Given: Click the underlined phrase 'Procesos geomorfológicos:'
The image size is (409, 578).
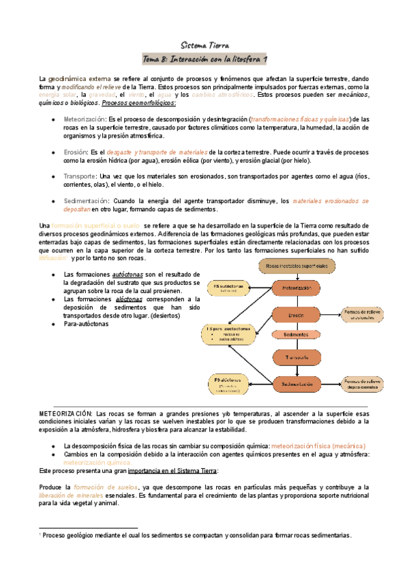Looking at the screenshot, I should click(138, 103).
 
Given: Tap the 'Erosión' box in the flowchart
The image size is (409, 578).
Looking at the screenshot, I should click(297, 314).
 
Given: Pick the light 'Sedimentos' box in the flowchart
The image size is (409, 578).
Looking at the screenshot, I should click(297, 335).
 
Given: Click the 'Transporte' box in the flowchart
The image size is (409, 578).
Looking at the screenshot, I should click(297, 357).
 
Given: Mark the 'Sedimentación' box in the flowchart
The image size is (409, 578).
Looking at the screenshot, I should click(297, 385).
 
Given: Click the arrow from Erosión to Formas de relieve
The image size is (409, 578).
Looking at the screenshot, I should click(331, 314).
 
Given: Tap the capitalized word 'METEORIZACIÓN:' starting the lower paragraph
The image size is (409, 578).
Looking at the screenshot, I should click(65, 414).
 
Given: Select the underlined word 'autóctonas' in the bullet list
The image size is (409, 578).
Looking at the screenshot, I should click(128, 275).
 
